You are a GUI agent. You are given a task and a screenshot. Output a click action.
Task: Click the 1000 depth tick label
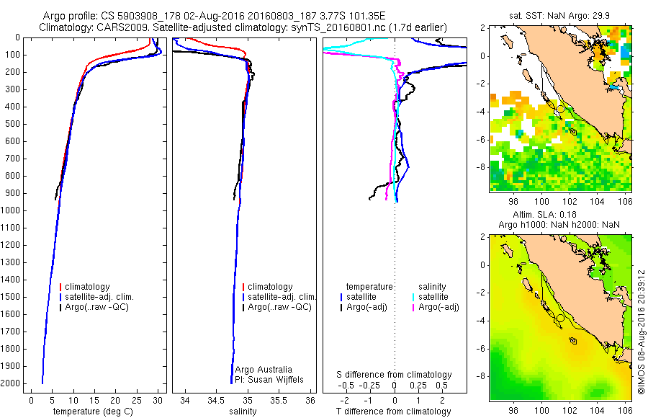coord(12,210)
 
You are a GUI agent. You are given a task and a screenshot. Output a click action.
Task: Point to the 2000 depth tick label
coord(12,384)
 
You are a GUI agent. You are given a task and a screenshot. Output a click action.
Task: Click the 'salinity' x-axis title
coord(240,412)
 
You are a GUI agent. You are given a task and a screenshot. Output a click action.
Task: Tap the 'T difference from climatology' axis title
coord(395,412)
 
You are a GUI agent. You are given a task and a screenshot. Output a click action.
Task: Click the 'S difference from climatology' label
coord(395,375)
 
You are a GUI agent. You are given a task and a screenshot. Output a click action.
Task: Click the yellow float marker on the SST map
coord(560,109)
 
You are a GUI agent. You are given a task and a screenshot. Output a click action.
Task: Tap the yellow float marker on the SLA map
coord(560,318)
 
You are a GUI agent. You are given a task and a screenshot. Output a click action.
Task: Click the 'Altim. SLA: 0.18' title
coord(562,215)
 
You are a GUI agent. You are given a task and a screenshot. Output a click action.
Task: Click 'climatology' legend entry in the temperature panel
coord(87,287)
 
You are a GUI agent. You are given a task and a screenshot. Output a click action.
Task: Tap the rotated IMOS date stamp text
coord(640,332)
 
